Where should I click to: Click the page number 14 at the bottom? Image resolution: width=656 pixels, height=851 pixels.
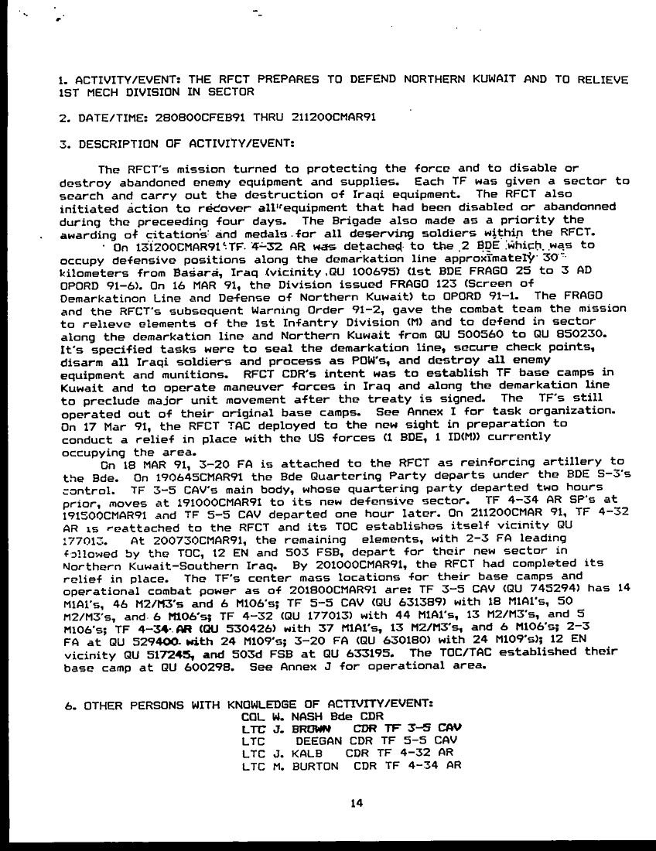356,803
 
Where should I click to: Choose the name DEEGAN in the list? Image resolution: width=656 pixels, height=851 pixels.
320,740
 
